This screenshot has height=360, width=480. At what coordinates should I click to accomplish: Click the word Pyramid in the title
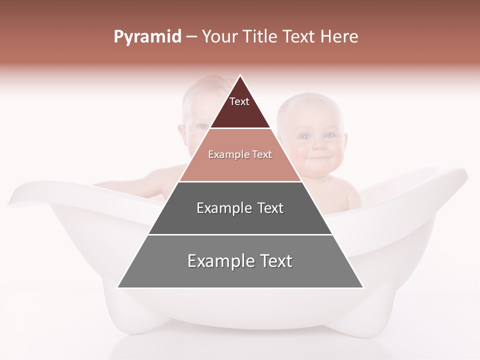147,37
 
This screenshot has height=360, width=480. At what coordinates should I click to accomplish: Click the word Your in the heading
220,36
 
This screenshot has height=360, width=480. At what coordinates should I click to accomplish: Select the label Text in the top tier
239,101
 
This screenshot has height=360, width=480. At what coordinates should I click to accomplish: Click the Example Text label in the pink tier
240,154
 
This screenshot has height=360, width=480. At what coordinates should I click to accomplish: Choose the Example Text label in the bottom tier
240,261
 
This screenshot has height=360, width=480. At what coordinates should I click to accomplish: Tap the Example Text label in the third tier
240,207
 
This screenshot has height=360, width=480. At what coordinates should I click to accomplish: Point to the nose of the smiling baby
318,145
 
